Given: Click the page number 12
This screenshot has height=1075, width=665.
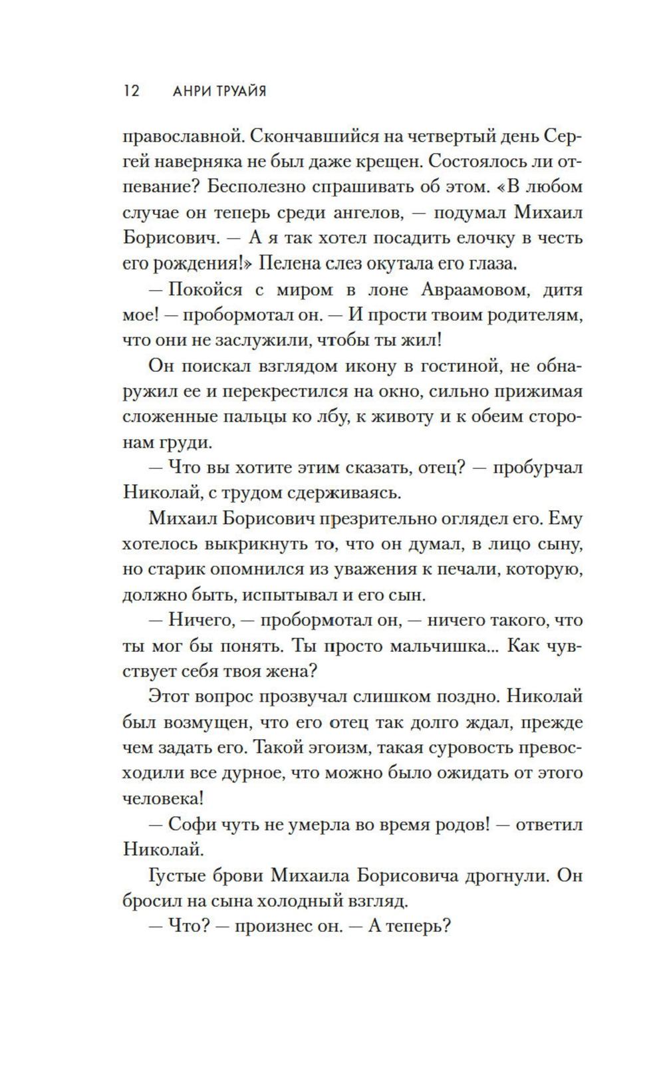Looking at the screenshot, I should click(131, 91).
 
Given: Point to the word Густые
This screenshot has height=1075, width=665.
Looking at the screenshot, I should click(175, 875).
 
